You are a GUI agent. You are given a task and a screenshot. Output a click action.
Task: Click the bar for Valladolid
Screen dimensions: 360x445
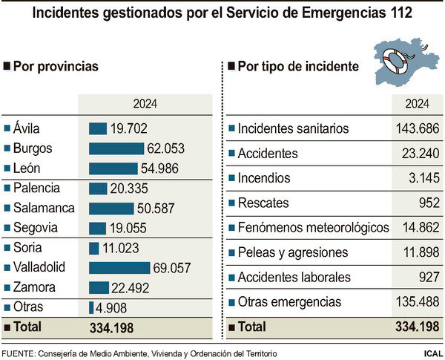[x=119, y=267]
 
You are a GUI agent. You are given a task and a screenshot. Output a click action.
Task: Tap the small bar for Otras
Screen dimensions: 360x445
[x=90, y=307]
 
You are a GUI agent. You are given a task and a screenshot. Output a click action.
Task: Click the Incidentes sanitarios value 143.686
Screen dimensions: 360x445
[x=418, y=128]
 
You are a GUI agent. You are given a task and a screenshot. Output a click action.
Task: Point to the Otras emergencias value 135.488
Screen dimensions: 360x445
[x=418, y=302]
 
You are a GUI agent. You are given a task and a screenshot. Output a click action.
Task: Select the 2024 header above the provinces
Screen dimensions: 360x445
[x=146, y=103]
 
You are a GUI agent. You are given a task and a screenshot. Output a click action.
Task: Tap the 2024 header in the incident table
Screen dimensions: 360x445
[x=418, y=103]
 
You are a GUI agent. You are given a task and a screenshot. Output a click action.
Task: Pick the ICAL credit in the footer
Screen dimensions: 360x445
[x=432, y=353]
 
